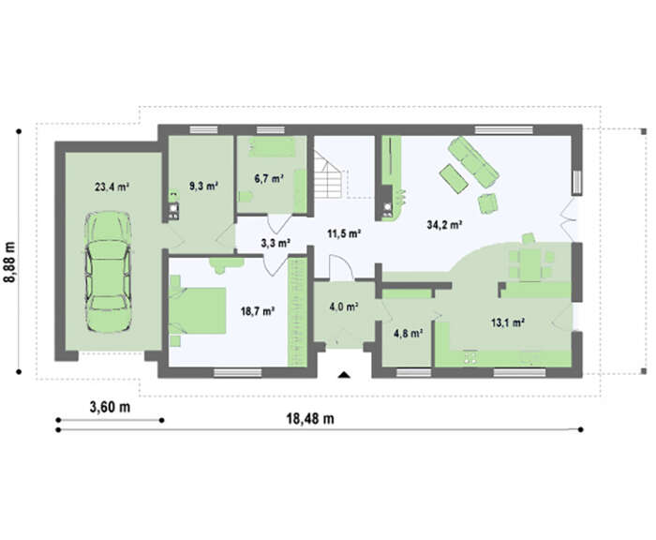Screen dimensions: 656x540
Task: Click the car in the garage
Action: [108, 272]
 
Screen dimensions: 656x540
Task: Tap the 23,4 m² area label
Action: [112, 187]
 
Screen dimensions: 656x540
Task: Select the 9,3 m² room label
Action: [203, 186]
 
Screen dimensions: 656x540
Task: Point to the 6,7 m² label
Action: [270, 179]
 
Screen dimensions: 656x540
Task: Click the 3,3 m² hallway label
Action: [276, 243]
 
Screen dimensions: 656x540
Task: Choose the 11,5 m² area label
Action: [344, 233]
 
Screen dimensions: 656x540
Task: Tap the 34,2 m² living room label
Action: [444, 225]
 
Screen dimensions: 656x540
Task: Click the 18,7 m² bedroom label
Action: [258, 311]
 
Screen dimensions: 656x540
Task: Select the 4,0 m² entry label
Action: [344, 307]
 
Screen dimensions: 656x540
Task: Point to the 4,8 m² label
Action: [408, 333]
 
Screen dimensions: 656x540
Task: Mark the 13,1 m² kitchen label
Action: [508, 322]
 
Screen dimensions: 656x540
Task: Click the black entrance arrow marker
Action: [344, 375]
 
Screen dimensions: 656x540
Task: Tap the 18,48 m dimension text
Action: [310, 418]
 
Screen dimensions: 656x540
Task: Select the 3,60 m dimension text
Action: [110, 407]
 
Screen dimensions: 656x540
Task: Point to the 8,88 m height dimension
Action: [9, 262]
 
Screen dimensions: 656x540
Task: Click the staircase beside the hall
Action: [329, 175]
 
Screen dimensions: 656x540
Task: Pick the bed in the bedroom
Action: [198, 310]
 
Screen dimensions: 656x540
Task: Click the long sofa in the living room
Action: [473, 161]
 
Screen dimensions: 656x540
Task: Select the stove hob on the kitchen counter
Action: [470, 356]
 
